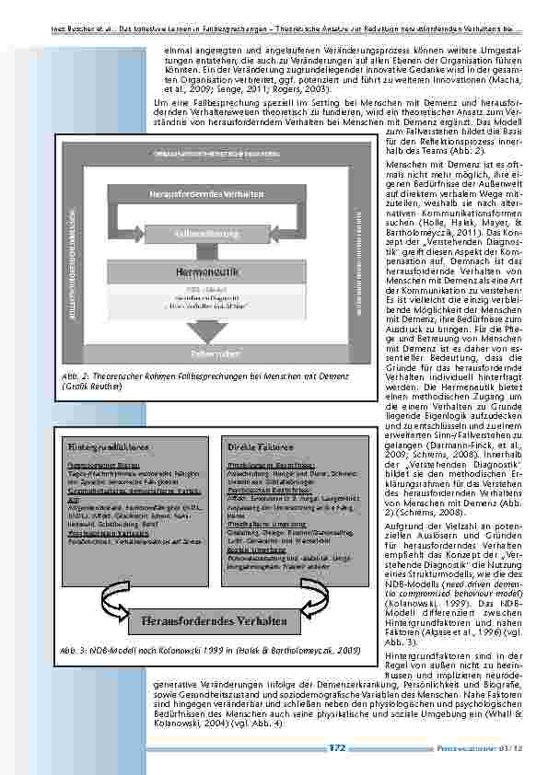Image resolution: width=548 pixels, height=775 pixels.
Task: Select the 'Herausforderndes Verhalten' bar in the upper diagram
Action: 206,194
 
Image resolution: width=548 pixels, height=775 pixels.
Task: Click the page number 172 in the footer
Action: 337,747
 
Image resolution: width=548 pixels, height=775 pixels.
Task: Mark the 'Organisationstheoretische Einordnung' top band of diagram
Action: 206,153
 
